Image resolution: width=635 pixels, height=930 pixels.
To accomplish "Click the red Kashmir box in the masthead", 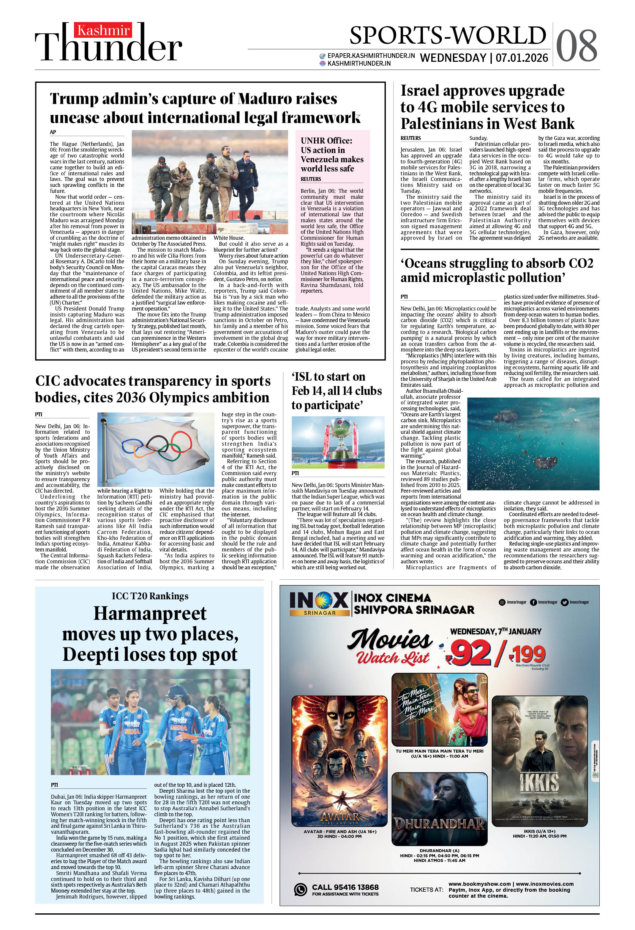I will pyautogui.click(x=103, y=30).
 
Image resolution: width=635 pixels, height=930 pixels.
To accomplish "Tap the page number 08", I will pyautogui.click(x=576, y=46).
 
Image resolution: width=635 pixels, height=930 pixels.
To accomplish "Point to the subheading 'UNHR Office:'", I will pyautogui.click(x=326, y=141).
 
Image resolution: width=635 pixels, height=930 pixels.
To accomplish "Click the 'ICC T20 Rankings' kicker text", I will pyautogui.click(x=150, y=596).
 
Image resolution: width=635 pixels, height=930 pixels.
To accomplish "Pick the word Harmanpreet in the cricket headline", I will pyautogui.click(x=150, y=614).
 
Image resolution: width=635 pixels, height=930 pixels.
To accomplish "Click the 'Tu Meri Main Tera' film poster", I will pyautogui.click(x=439, y=710).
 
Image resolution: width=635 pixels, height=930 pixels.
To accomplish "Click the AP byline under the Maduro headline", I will pyautogui.click(x=53, y=132).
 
